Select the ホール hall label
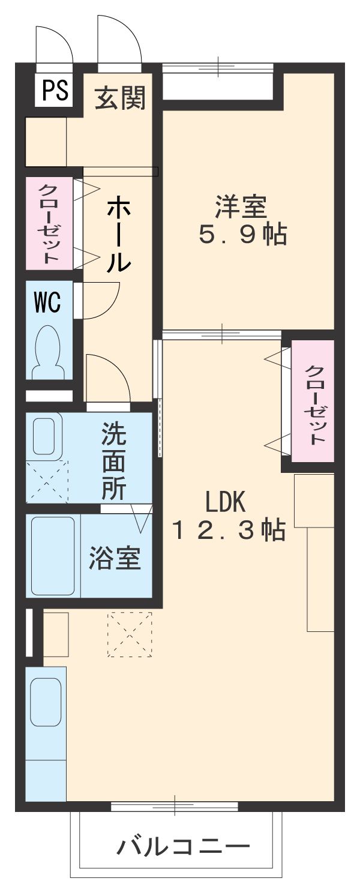pos(118,235)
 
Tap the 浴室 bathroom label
pos(115,558)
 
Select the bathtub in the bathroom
pos(53,555)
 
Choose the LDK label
pos(226,499)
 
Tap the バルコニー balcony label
pos(182,848)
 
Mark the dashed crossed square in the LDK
pos(130,634)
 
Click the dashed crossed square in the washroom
pos(47,481)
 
